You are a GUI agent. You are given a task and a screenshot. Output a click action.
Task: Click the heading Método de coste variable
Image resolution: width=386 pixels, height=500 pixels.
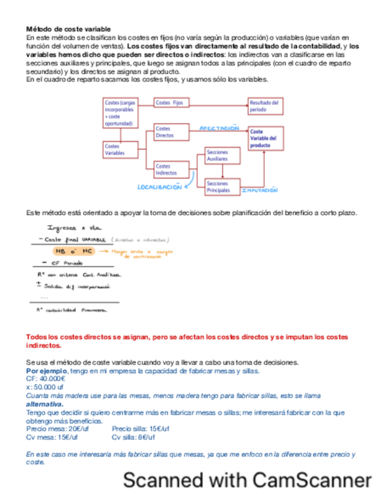[68, 29]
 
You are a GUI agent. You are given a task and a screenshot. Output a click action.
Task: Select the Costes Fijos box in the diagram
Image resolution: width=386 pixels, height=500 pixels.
[171, 103]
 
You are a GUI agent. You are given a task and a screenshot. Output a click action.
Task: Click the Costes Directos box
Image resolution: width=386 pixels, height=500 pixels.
[171, 131]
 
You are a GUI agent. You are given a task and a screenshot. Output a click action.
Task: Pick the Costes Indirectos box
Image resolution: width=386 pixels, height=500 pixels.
[171, 169]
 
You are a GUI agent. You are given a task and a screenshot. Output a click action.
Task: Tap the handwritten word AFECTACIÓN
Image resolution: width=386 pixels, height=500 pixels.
[219, 128]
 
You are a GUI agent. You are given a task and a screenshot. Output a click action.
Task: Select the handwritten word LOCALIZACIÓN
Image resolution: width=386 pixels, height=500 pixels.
[159, 187]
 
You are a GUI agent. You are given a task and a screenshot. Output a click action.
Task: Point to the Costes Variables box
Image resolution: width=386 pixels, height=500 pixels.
[119, 149]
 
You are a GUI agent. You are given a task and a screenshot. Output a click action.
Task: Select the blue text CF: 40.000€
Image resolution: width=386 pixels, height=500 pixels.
[46, 379]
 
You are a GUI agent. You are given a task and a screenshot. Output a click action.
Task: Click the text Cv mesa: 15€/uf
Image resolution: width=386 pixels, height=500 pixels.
[52, 437]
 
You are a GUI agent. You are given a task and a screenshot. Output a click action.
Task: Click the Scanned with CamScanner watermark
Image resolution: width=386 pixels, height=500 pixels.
[247, 480]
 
